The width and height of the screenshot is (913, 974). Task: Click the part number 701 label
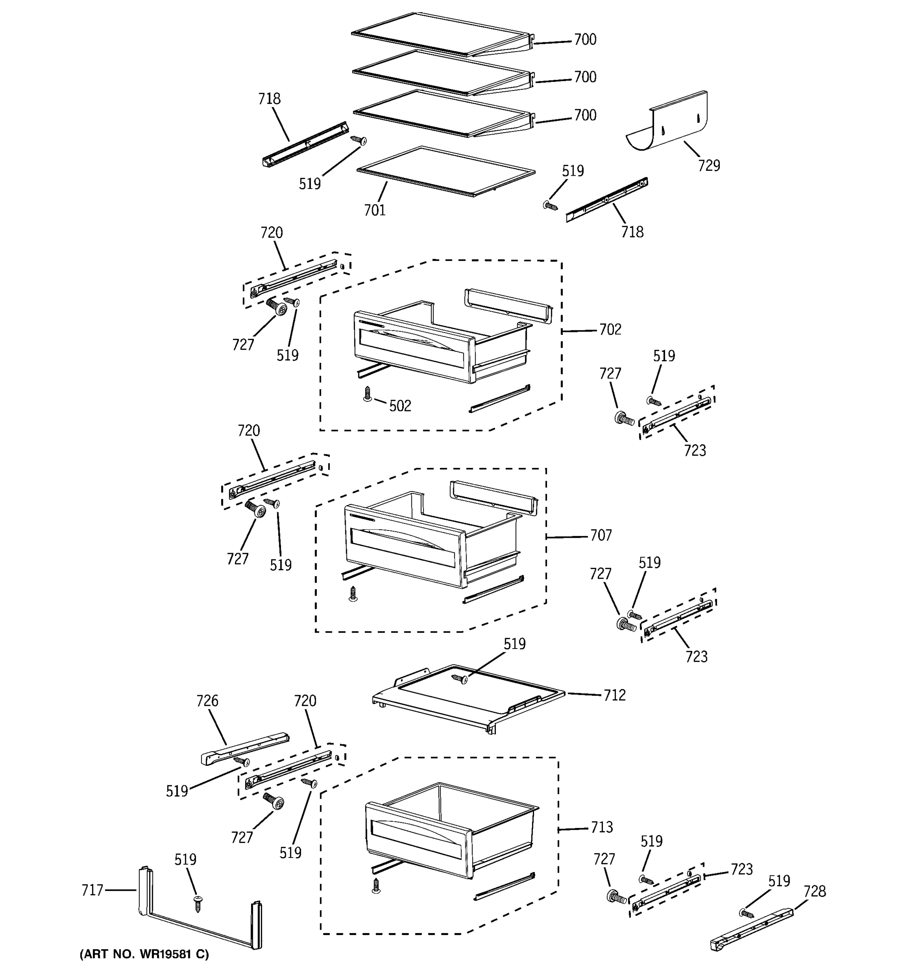(375, 210)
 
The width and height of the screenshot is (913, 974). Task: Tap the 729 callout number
(709, 166)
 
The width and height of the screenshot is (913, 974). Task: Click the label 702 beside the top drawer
(610, 330)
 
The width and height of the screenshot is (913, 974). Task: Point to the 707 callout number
(601, 536)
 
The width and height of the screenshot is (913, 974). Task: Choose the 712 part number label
(614, 695)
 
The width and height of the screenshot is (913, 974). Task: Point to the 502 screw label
(400, 406)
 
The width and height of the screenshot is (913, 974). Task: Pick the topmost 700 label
(585, 40)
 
